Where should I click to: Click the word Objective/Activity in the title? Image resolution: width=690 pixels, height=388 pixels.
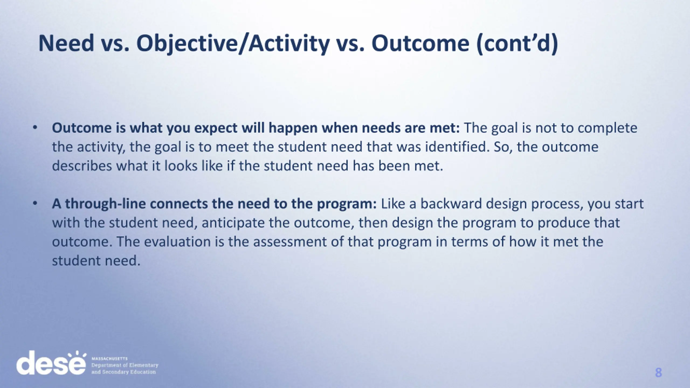pyautogui.click(x=233, y=44)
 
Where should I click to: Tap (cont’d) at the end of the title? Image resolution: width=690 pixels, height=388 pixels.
pyautogui.click(x=517, y=44)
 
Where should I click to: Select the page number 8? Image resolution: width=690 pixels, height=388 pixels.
pyautogui.click(x=658, y=373)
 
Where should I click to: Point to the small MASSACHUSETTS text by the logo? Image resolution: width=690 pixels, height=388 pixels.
pyautogui.click(x=109, y=359)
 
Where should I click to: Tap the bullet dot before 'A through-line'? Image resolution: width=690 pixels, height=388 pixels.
pyautogui.click(x=34, y=204)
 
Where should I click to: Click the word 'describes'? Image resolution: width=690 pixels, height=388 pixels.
pyautogui.click(x=82, y=166)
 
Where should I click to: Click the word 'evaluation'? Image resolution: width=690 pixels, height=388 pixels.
pyautogui.click(x=177, y=242)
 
